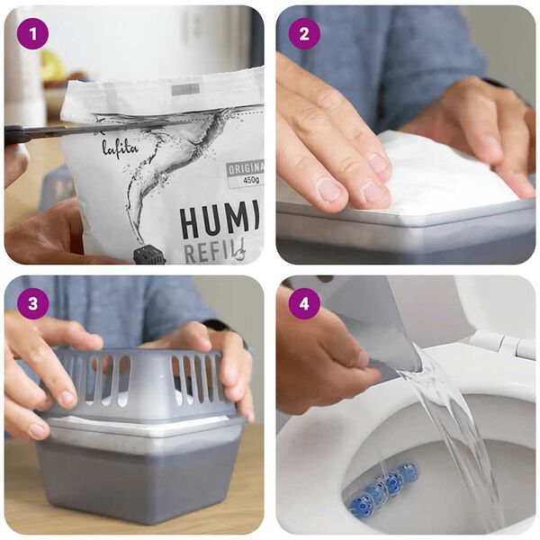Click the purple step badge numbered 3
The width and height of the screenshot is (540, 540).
click(32, 303)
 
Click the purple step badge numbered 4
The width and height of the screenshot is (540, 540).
click(303, 303)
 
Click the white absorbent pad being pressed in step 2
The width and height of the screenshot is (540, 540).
click(441, 175)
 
